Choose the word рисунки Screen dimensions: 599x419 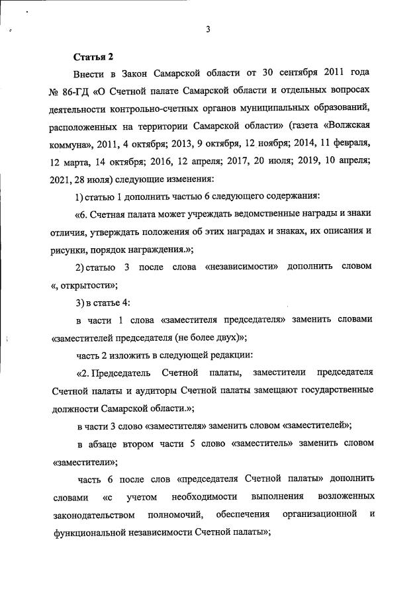click(x=70, y=249)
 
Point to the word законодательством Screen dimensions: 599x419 click(x=93, y=514)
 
